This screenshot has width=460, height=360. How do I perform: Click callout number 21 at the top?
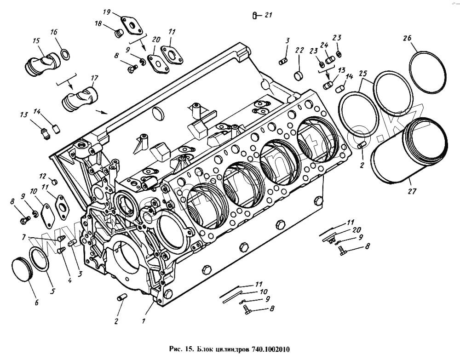pos(269,15)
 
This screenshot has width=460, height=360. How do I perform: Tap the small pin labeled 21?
pos(254,16)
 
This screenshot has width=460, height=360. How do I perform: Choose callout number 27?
pos(410,189)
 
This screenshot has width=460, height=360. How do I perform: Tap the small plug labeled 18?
pos(119,34)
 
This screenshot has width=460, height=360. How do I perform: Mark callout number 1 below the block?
pos(144,321)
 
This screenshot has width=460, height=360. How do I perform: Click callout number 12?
pos(42,176)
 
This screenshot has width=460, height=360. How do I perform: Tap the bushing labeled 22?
pos(299,74)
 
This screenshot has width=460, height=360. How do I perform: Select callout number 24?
pos(324,45)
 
